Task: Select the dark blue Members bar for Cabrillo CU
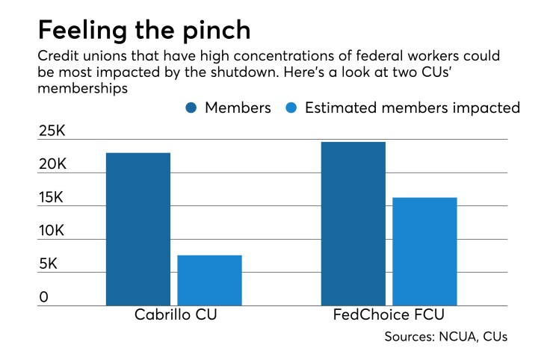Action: [x=138, y=229]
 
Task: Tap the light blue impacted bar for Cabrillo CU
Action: [x=209, y=279]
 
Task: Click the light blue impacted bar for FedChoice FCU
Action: [x=424, y=251]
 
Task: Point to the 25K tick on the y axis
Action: [x=53, y=132]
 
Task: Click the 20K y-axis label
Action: [x=53, y=165]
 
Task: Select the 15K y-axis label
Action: [x=53, y=199]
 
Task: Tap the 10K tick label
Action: [x=53, y=232]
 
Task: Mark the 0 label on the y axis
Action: [x=44, y=297]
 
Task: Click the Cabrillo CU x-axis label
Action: [x=176, y=314]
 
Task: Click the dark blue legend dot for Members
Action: [x=192, y=108]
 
